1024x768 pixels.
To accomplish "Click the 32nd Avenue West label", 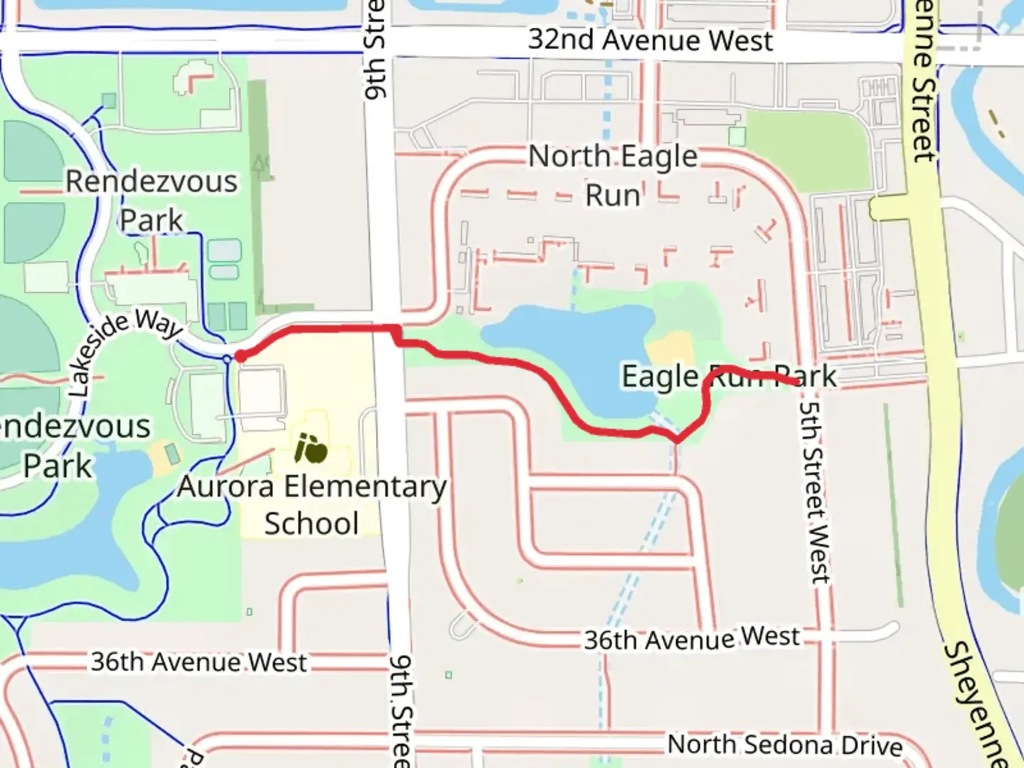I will click(650, 41).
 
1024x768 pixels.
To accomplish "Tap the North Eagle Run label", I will click(613, 175).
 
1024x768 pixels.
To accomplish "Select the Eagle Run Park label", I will click(729, 376).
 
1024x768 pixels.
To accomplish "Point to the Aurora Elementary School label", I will click(311, 505).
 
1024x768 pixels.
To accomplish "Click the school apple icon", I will click(311, 449).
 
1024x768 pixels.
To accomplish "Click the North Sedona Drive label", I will click(785, 745).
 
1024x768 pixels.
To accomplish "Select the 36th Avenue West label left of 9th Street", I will click(198, 662).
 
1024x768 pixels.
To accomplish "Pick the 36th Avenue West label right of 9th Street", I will click(691, 638).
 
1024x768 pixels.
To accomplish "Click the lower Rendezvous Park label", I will click(71, 446).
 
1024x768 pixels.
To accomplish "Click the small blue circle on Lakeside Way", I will click(227, 360).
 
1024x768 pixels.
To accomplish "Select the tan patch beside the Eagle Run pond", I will click(670, 351).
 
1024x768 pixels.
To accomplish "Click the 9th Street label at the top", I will click(375, 50).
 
